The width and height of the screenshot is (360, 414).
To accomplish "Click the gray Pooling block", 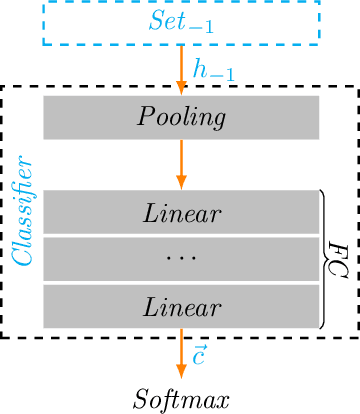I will point(181,117).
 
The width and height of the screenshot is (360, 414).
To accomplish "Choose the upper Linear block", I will point(181,212).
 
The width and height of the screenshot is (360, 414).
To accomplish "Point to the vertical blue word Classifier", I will point(23,209).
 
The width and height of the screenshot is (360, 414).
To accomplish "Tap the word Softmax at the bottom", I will point(180,391).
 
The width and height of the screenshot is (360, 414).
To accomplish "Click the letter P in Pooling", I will point(143,117).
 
